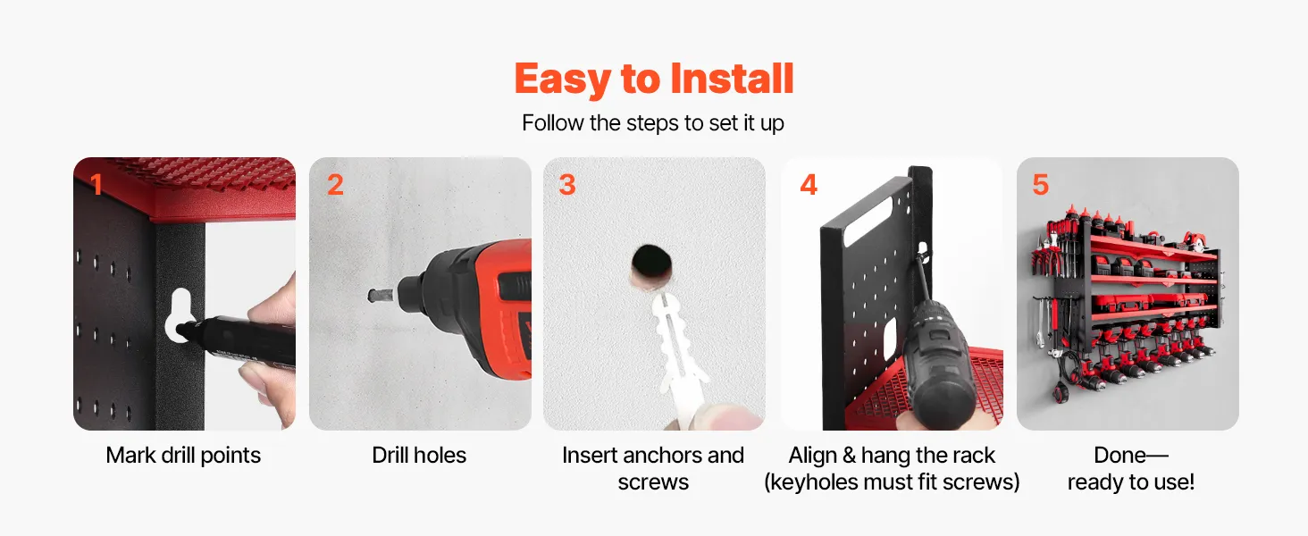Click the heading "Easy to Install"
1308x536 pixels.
[x=653, y=79]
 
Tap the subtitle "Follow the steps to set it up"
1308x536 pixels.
[x=653, y=123]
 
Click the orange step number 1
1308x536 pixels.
[x=96, y=185]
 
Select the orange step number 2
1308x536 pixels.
[x=335, y=185]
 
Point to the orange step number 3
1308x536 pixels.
[x=567, y=185]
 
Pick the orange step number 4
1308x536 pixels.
[x=809, y=185]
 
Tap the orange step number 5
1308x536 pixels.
[x=1041, y=185]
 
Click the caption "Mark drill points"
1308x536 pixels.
[x=183, y=456]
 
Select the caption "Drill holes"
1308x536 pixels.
[x=419, y=456]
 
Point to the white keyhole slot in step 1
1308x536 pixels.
[x=180, y=314]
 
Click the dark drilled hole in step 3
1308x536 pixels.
[x=651, y=262]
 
